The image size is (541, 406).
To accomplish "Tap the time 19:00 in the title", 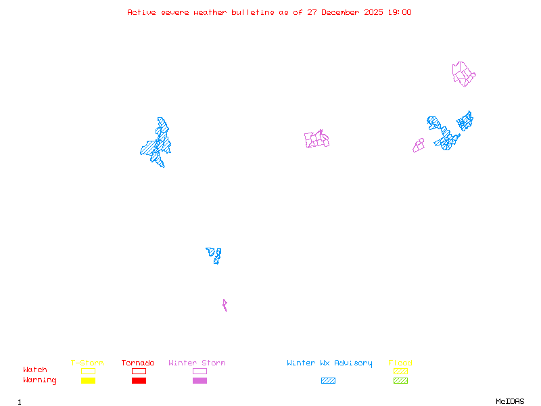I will pyautogui.click(x=398, y=12).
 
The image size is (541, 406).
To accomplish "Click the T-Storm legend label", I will pyautogui.click(x=87, y=363).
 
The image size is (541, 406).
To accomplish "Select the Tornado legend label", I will pyautogui.click(x=138, y=363).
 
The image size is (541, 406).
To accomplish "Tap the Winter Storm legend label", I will pyautogui.click(x=197, y=363).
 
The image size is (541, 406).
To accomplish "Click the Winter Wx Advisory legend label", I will pyautogui.click(x=329, y=363).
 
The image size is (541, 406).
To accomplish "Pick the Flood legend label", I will pyautogui.click(x=400, y=363).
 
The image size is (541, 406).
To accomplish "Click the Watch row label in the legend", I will pyautogui.click(x=35, y=370).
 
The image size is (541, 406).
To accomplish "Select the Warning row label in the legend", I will pyautogui.click(x=40, y=380).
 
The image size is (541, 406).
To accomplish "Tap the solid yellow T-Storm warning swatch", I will pyautogui.click(x=88, y=380).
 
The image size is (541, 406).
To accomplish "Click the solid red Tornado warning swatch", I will pyautogui.click(x=139, y=380).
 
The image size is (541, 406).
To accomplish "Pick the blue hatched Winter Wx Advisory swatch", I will pyautogui.click(x=328, y=380).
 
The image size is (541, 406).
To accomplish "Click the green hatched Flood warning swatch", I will pyautogui.click(x=400, y=380).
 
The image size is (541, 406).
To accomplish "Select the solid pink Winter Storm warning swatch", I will pyautogui.click(x=199, y=380).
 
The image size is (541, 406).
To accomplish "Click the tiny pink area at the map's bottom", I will pyautogui.click(x=225, y=305).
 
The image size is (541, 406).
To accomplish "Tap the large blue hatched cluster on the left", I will pyautogui.click(x=158, y=143).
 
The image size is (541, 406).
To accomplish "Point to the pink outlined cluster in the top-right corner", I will pyautogui.click(x=463, y=74).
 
